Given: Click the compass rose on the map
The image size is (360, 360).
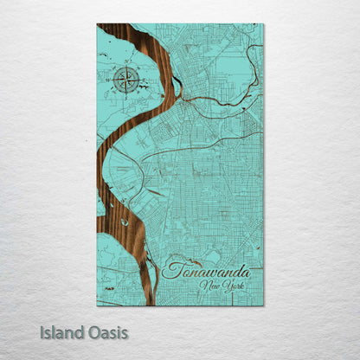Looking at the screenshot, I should (127, 81).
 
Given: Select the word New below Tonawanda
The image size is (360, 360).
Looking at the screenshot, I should (209, 286).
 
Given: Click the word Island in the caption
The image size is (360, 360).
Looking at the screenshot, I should (62, 331).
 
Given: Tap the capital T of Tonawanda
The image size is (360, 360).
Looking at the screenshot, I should (169, 269).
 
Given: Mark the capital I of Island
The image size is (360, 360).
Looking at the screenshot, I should (42, 331).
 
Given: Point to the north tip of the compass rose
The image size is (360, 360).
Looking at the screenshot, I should (127, 68).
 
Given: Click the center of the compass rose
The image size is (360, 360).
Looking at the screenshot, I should (127, 81).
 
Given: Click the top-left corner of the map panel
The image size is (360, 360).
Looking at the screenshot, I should (97, 24).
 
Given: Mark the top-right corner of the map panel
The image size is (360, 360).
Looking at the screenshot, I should (264, 24).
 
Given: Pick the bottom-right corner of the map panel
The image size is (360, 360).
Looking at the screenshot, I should (264, 305).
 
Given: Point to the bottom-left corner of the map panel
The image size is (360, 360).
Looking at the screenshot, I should (97, 305).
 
